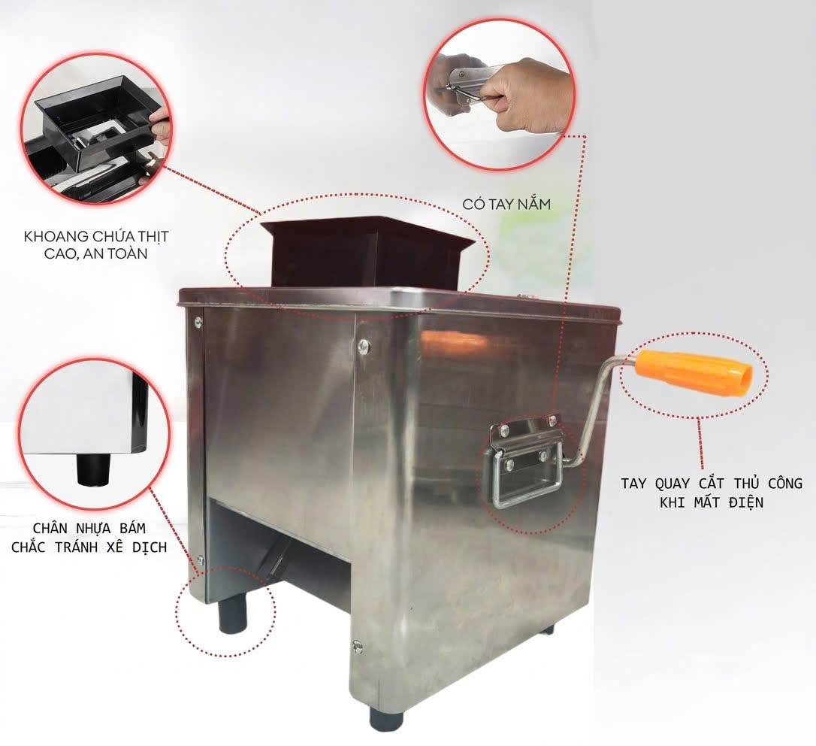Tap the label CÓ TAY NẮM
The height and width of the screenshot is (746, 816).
coord(506,204)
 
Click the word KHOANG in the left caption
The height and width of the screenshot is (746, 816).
coord(56,237)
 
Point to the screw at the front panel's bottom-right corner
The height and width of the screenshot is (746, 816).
coord(356,645)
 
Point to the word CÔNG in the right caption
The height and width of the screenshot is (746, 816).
coord(784,484)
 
